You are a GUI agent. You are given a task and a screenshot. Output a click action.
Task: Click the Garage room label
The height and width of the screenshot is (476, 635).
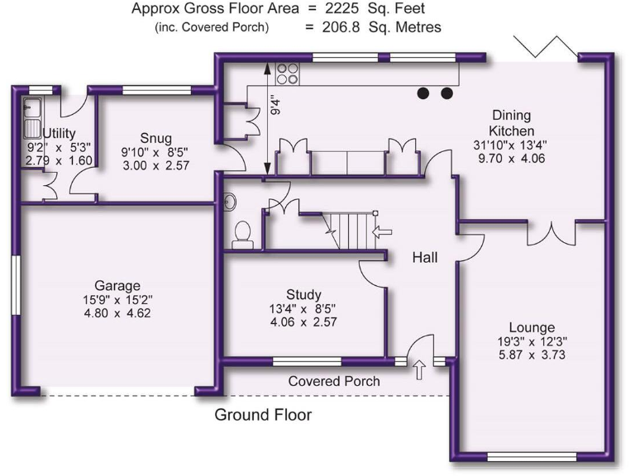click(x=117, y=285)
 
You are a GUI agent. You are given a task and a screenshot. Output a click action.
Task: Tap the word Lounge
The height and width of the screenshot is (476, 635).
click(x=532, y=327)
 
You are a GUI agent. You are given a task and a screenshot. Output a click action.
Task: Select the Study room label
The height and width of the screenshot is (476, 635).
click(x=303, y=295)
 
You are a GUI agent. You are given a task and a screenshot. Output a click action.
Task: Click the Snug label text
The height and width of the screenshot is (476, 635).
click(x=155, y=138)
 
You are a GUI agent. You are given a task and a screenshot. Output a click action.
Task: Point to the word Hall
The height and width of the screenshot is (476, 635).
click(x=425, y=259)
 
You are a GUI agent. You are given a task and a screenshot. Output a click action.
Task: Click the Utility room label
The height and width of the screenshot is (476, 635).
click(x=60, y=133)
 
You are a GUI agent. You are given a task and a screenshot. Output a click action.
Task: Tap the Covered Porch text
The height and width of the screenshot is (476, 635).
click(x=334, y=381)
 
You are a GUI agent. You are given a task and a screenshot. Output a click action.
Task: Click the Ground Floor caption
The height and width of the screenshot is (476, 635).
click(x=263, y=415)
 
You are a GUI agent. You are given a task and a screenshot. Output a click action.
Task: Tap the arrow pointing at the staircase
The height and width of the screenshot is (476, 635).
click(x=382, y=234)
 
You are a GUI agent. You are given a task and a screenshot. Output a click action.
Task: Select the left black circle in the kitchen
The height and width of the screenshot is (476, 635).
click(x=425, y=93)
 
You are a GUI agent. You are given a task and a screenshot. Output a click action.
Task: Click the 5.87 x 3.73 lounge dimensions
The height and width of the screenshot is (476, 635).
click(x=532, y=355)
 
